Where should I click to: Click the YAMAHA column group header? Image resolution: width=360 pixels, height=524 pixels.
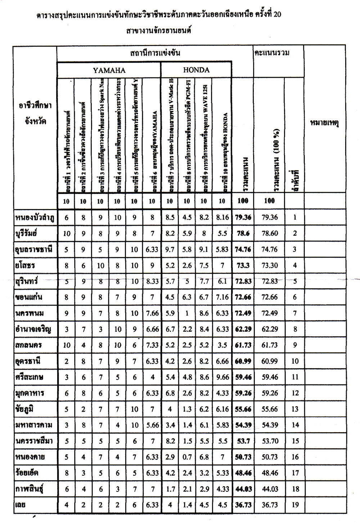point(109,70)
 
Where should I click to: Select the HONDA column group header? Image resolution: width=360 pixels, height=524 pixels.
point(196,70)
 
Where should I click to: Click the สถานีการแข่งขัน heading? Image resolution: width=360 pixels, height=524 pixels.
point(155,53)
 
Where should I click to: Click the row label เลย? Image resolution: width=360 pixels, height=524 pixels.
point(21,505)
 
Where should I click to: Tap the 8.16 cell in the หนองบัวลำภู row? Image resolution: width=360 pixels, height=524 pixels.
point(222,217)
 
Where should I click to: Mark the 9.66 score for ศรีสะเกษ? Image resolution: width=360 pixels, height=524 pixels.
point(222,378)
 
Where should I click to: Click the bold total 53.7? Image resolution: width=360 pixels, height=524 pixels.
point(243,441)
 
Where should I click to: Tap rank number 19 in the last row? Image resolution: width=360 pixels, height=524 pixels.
point(295,505)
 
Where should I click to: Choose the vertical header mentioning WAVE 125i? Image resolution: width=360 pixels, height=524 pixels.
point(204,137)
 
